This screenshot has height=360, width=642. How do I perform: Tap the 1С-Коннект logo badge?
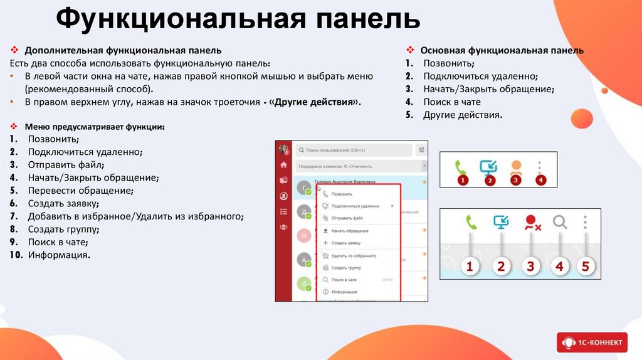(591, 342)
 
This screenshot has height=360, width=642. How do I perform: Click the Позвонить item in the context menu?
(342, 194)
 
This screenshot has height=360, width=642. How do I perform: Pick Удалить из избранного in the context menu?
(354, 256)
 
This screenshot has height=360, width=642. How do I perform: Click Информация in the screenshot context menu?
(344, 292)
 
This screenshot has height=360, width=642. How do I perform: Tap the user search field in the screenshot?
(354, 151)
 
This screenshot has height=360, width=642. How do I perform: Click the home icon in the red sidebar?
(283, 165)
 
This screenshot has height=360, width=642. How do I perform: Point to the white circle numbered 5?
(585, 266)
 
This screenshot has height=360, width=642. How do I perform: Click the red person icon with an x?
(532, 222)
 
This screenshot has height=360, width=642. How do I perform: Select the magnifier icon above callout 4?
(559, 222)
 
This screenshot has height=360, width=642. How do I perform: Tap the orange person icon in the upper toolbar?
(515, 167)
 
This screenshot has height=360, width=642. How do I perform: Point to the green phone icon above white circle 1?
(471, 222)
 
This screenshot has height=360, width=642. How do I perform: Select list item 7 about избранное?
(135, 216)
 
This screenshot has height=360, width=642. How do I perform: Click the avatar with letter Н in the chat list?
(304, 235)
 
